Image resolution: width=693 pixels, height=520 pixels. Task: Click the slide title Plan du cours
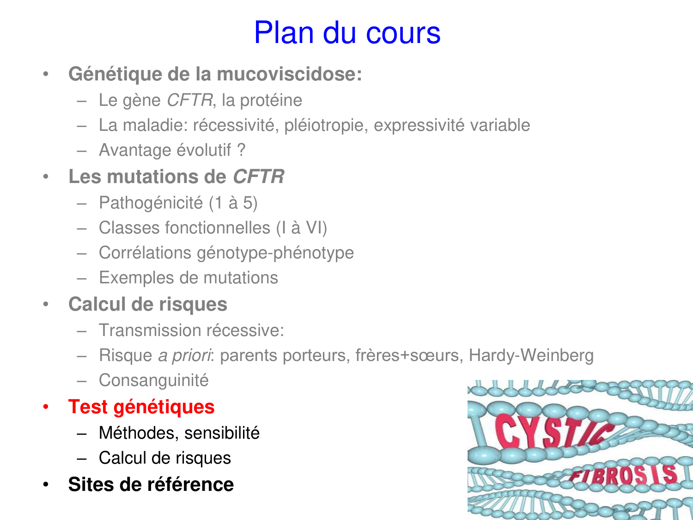(x=347, y=33)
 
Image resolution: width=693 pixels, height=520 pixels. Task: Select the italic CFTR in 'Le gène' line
(x=189, y=100)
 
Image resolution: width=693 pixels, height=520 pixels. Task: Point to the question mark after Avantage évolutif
(x=241, y=150)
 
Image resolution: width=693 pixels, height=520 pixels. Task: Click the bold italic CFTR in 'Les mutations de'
(x=258, y=177)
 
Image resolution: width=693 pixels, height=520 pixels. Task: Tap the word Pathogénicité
(x=151, y=203)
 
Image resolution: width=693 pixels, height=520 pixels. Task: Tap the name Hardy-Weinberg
(x=531, y=355)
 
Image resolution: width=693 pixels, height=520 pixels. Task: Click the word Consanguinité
(x=153, y=380)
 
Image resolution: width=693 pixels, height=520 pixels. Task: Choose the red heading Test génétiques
(x=141, y=407)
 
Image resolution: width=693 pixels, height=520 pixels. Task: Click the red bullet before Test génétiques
(x=46, y=407)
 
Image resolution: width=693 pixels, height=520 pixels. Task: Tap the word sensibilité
(x=222, y=433)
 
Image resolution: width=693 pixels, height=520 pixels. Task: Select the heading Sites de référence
(x=151, y=484)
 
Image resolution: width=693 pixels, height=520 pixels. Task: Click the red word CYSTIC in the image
(x=550, y=431)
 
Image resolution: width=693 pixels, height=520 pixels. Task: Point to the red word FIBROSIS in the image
(x=624, y=475)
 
